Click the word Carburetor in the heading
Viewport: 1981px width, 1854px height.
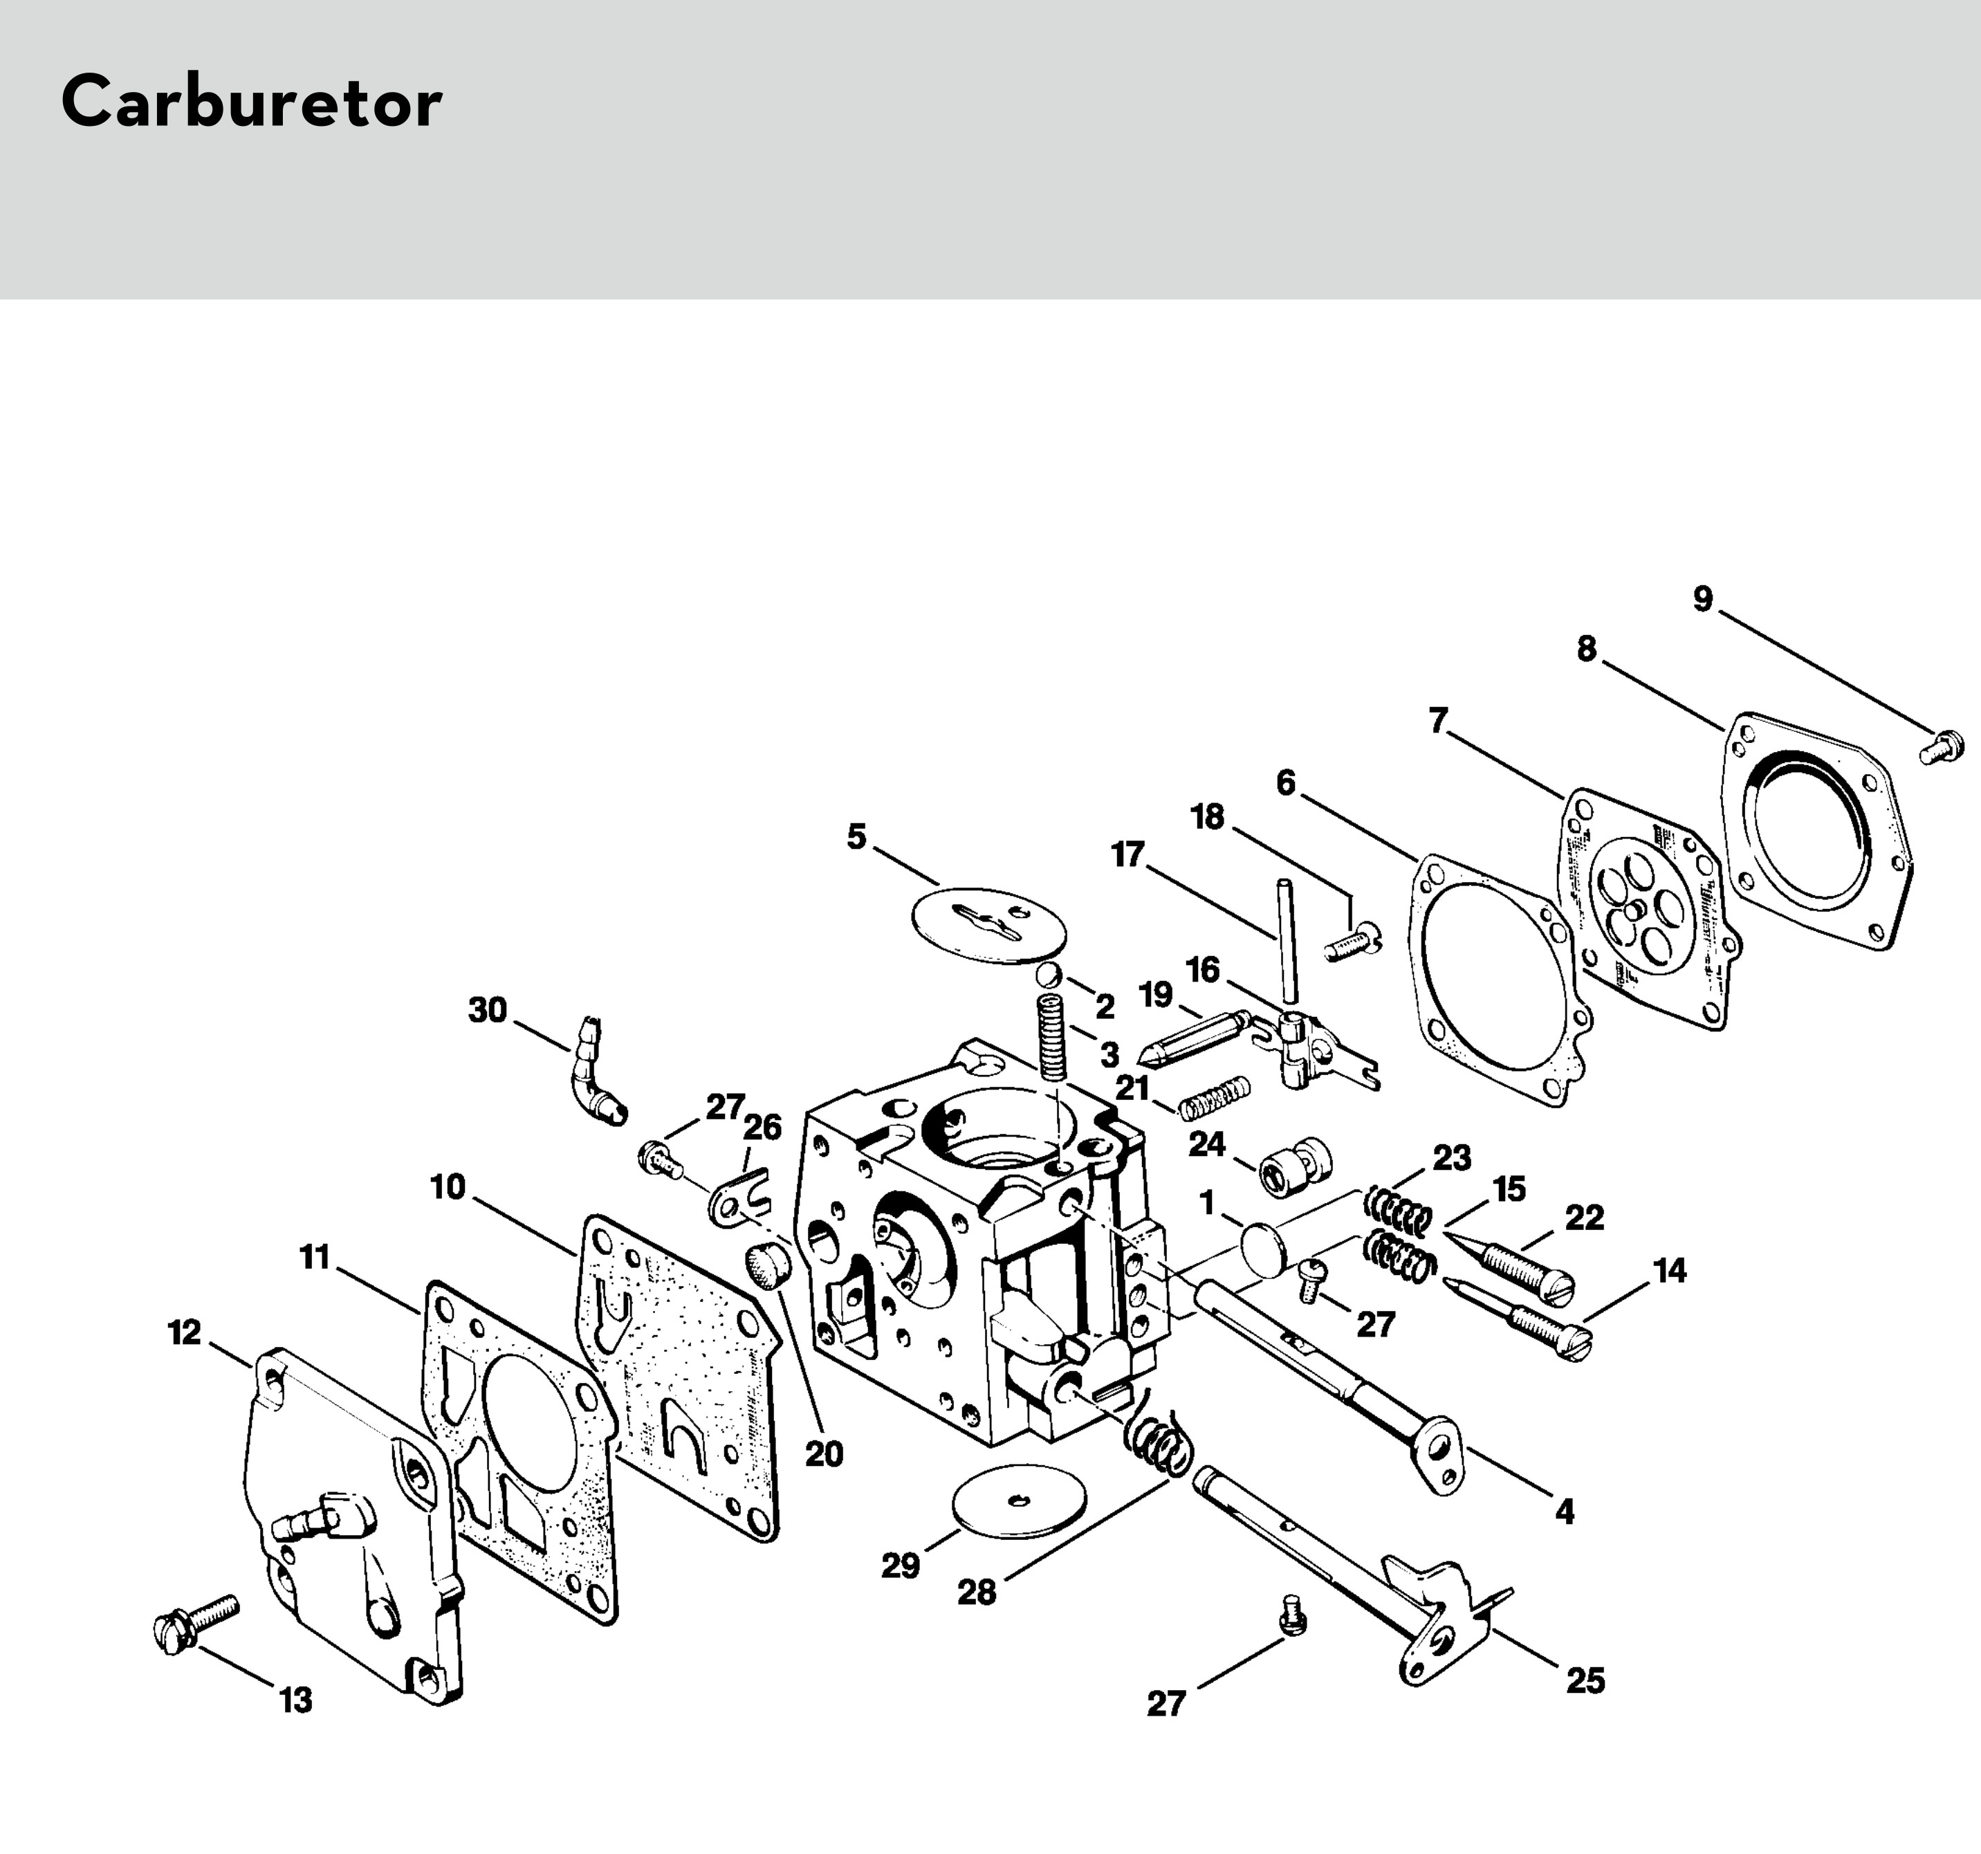251,102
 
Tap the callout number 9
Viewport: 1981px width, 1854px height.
1703,599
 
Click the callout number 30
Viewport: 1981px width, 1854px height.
488,1010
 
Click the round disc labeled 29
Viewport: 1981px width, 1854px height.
1024,1500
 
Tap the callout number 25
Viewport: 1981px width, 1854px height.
1585,1682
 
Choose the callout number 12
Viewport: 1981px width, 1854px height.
185,1332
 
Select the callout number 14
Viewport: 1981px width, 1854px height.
1670,1271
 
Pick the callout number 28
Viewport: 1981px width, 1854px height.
977,1593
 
